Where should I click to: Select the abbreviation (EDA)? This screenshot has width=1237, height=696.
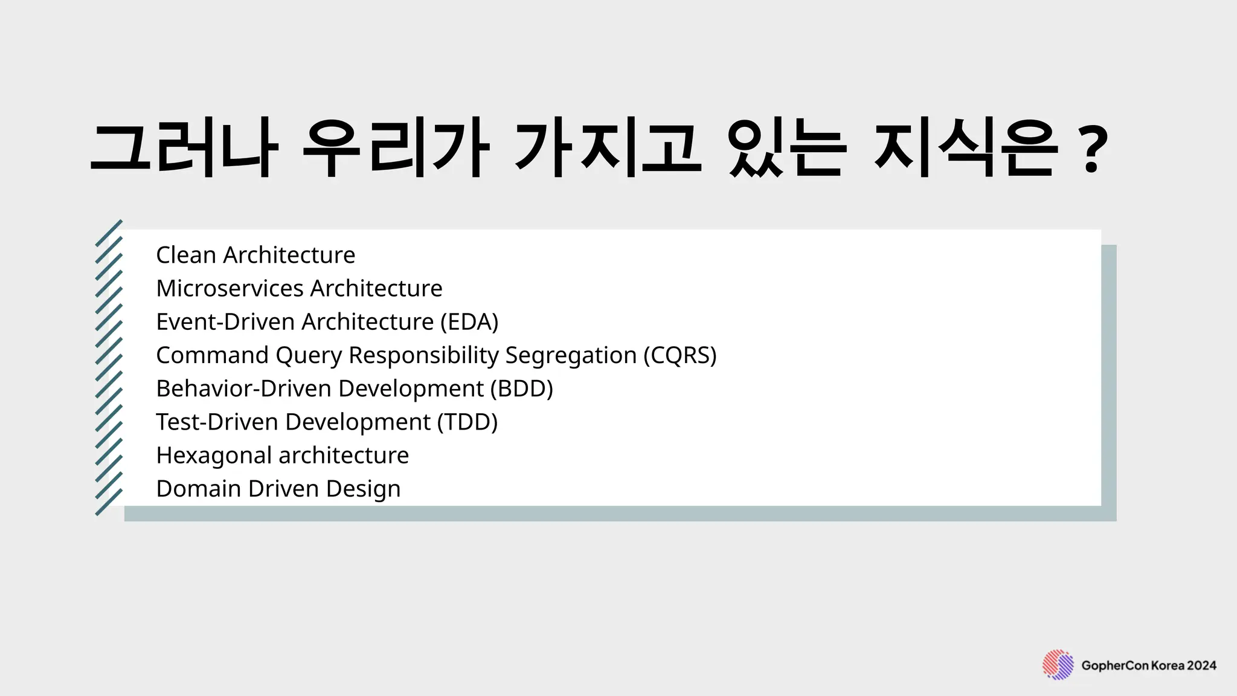click(x=469, y=322)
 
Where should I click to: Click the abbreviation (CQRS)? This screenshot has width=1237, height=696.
click(x=680, y=355)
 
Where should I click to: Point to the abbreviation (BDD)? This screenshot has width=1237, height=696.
click(x=521, y=388)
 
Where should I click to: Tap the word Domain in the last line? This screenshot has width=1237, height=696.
click(x=198, y=489)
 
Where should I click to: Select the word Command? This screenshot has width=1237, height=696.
click(x=212, y=355)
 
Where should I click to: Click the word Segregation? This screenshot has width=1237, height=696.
click(x=571, y=355)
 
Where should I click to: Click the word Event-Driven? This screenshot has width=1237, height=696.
click(x=225, y=322)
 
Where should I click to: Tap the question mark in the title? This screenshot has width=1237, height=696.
click(x=1093, y=149)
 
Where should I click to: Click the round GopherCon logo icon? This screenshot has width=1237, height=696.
click(x=1058, y=665)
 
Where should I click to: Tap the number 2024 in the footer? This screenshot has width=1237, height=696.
click(x=1201, y=666)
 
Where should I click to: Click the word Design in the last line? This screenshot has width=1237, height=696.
click(x=363, y=489)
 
